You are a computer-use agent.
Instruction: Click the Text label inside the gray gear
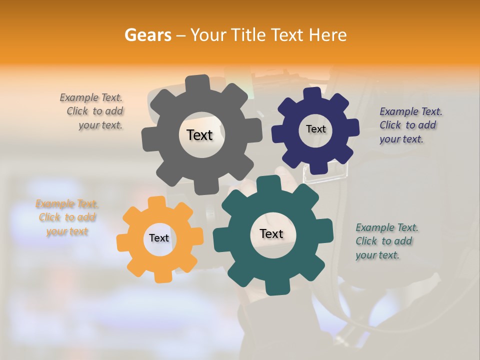coord(199,135)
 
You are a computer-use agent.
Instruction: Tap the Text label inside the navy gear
coord(315,129)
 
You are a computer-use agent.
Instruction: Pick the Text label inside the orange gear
coord(159,238)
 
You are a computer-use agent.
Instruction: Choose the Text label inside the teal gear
coord(271,233)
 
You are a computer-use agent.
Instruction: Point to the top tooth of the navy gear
coord(312,93)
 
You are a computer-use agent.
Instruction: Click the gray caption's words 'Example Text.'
coord(91,97)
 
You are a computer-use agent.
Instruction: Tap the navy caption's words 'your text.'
coord(401,139)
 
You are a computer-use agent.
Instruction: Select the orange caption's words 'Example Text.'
coord(67,204)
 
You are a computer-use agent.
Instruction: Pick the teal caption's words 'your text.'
coord(377,255)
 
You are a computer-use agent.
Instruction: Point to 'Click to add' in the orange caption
coord(67,217)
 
